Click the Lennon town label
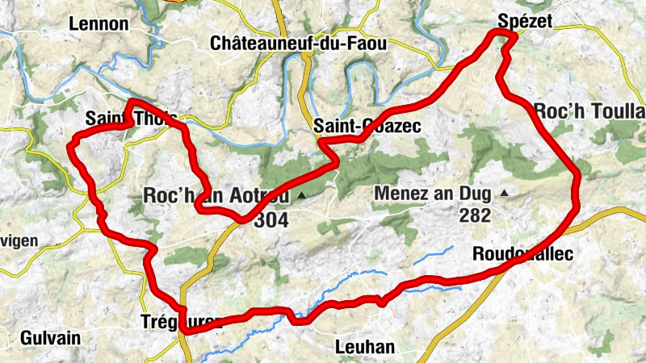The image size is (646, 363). [99, 23]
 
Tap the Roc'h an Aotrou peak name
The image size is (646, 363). [218, 194]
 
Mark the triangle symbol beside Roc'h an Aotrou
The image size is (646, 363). [301, 195]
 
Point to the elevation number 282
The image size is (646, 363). [476, 215]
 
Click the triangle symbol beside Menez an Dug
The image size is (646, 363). [504, 193]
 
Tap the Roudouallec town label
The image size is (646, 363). [522, 254]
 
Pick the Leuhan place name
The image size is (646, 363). [364, 347]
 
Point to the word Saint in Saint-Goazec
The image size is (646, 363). [333, 127]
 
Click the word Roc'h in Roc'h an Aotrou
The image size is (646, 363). [165, 194]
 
